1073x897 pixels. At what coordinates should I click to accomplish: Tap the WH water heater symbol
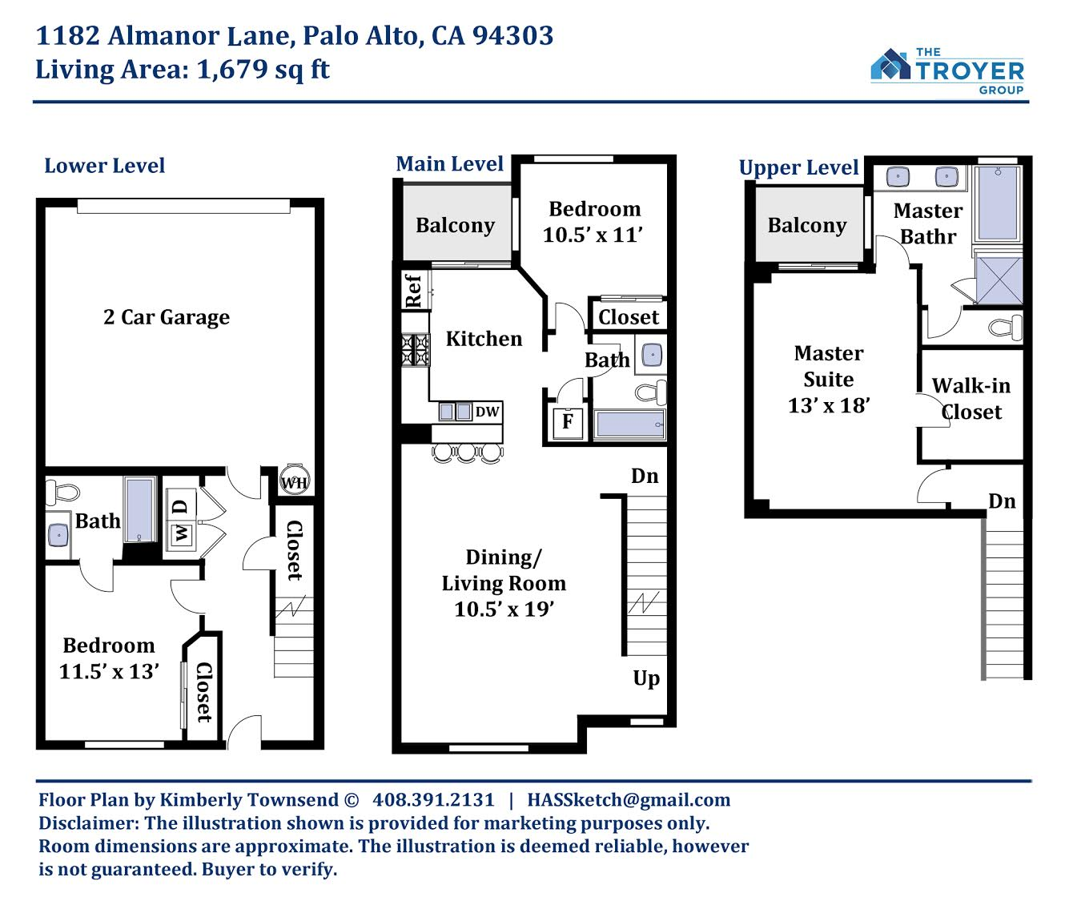point(295,481)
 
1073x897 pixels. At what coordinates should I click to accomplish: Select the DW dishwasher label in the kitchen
point(487,412)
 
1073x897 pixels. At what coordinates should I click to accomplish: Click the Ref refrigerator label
point(413,291)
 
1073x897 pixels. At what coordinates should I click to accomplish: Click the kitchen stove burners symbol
point(416,350)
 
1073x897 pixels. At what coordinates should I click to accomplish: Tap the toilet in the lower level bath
point(62,493)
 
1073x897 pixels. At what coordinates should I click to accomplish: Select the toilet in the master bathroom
point(1006,328)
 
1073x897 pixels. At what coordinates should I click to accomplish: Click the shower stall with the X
point(999,280)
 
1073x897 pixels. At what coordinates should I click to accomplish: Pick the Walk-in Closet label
point(971,399)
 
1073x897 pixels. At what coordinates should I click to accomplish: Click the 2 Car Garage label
point(166,317)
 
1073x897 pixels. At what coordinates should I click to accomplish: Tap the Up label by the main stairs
point(646,678)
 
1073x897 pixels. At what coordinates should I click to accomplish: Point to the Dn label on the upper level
point(1002,501)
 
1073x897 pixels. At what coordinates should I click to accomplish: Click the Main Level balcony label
point(455,226)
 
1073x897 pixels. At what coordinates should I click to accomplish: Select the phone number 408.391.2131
point(433,800)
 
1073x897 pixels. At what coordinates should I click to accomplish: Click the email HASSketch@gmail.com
point(629,800)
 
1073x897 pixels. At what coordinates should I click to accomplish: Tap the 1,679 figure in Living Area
point(232,69)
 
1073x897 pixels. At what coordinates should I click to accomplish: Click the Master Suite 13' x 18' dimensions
point(829,405)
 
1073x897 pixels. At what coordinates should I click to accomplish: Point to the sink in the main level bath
point(652,355)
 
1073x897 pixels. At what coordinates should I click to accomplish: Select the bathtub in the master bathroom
point(998,203)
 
